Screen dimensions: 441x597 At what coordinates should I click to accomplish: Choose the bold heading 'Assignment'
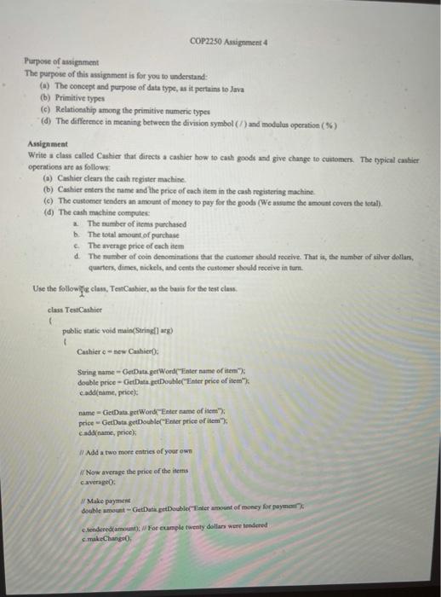(x=46, y=146)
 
